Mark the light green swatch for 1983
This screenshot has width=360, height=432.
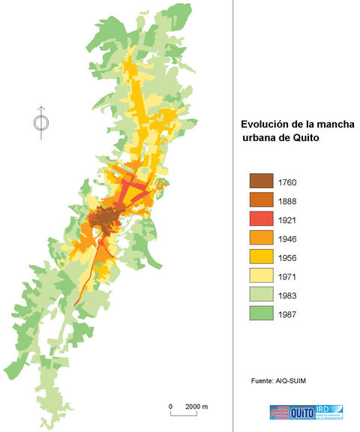[259, 295]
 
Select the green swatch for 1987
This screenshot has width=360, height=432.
[259, 313]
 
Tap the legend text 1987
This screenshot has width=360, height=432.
[289, 313]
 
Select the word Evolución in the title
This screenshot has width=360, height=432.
[265, 124]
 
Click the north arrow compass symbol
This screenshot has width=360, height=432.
[41, 122]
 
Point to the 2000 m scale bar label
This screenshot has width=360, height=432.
[196, 406]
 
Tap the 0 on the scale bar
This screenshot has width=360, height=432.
[171, 406]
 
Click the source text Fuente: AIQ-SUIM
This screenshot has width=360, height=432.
[278, 382]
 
